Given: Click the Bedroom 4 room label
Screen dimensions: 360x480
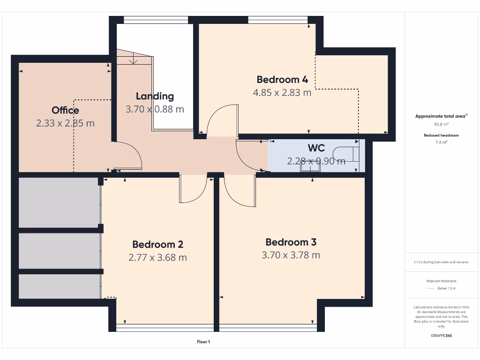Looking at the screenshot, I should [282, 79].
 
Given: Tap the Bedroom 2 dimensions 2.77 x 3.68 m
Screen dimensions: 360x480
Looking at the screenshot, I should [157, 257].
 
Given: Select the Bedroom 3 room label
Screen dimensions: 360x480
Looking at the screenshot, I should [291, 242].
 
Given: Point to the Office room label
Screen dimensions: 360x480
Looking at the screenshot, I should [65, 110].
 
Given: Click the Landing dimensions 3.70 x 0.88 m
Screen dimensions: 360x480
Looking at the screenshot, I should [155, 109].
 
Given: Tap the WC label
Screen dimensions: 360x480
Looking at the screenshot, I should [316, 148].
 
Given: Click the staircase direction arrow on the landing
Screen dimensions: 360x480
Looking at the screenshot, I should [134, 60].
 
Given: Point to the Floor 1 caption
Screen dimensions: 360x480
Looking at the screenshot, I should [203, 342].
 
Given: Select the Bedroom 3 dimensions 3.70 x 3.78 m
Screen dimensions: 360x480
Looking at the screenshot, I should [291, 255].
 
